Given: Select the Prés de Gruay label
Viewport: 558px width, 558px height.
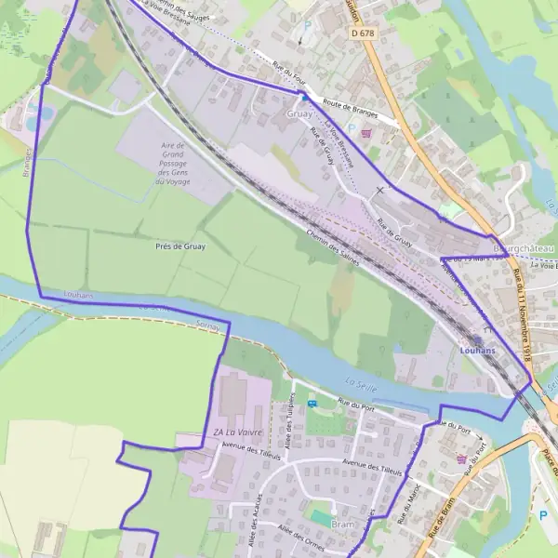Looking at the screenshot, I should tap(180, 246).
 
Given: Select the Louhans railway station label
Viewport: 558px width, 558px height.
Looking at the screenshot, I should tap(477, 350).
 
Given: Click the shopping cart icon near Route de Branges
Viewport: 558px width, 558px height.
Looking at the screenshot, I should tap(375, 133).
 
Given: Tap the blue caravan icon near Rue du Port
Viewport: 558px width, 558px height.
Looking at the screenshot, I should tap(312, 403).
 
